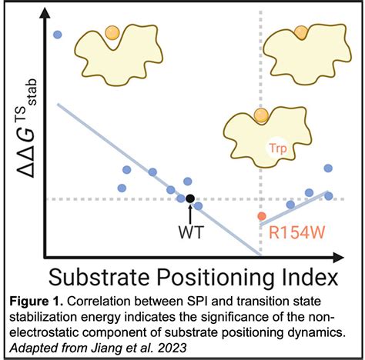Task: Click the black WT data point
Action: (190, 199)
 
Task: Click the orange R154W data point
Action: (262, 216)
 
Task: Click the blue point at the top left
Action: (58, 35)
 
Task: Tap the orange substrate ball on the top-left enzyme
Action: (112, 33)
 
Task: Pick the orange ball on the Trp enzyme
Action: (262, 116)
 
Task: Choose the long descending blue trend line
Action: (154, 177)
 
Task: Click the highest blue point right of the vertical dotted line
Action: (329, 168)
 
